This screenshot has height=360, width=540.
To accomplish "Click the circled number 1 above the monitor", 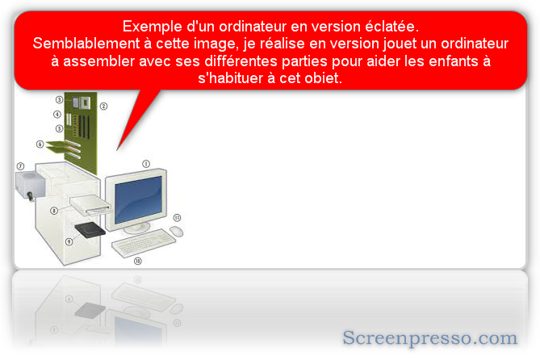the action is [146, 164].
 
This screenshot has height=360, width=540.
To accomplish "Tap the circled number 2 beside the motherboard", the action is [103, 106].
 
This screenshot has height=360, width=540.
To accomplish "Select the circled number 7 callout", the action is [21, 166].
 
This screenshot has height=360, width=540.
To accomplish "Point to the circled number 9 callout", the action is [69, 241].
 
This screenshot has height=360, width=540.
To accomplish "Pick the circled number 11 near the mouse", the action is [177, 217].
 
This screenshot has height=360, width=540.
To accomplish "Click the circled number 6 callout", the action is [40, 144].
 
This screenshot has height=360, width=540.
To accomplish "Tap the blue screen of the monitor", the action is [138, 199].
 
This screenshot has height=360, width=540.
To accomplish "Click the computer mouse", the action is [176, 231].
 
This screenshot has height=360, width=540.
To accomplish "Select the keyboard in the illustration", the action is [144, 242].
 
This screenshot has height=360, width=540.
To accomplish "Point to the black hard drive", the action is [90, 230].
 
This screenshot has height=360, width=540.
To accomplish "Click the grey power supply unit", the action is [30, 185].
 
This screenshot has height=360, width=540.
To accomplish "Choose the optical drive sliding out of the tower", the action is [91, 205].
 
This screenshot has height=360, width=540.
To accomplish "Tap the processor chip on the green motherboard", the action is [82, 103].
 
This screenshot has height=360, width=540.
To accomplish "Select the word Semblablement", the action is [86, 44].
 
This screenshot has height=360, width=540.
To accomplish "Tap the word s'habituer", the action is [231, 78].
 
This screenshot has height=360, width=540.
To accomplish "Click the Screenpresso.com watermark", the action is [429, 337].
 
